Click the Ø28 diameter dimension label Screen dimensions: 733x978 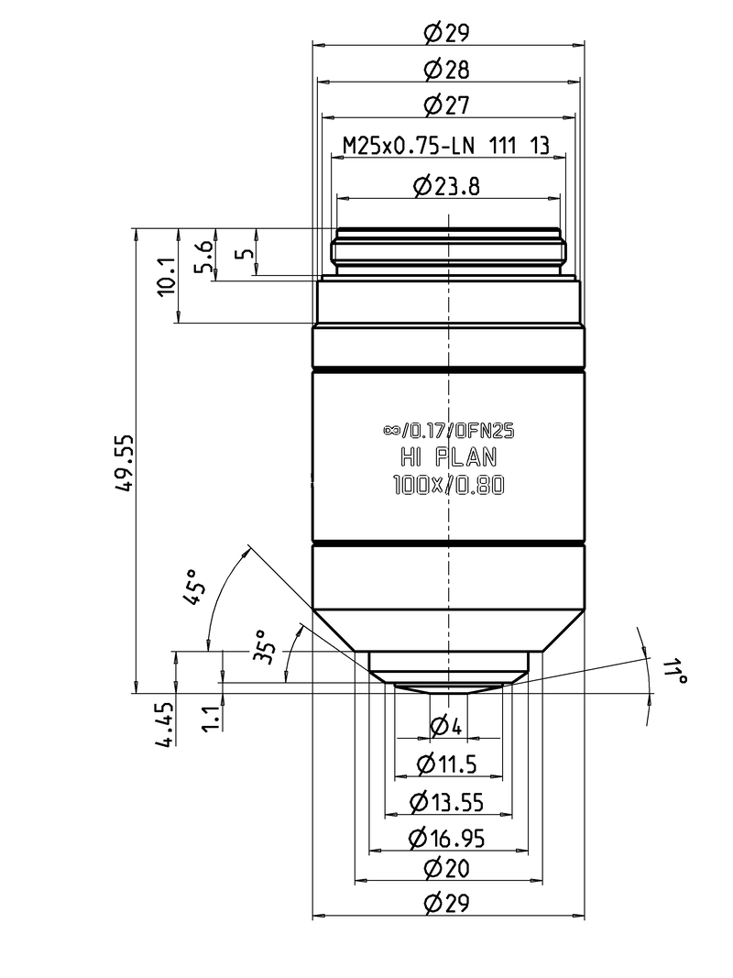click(447, 70)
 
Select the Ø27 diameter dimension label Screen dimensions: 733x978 click(447, 104)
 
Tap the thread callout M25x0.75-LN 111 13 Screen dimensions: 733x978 click(447, 146)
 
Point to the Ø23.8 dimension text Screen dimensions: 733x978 click(447, 186)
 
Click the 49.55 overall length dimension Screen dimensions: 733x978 click(125, 463)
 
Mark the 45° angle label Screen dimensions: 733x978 click(194, 588)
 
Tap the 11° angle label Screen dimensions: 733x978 click(673, 671)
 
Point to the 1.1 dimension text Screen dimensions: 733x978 click(213, 718)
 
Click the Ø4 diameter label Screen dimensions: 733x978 click(446, 726)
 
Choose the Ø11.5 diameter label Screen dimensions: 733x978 click(447, 764)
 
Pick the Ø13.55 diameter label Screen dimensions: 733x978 click(447, 802)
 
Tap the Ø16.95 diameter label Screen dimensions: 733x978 click(447, 839)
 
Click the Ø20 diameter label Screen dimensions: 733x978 click(447, 868)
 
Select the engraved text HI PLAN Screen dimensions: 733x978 click(449, 457)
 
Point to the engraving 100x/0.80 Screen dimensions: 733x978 click(449, 485)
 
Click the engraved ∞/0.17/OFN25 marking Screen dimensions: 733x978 click(449, 431)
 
